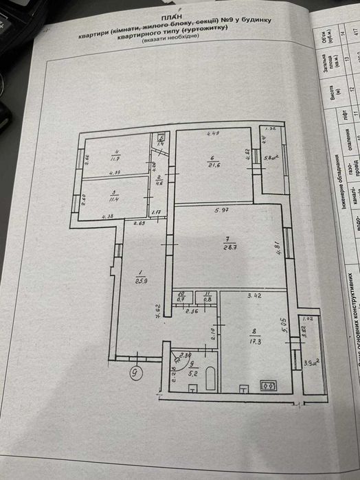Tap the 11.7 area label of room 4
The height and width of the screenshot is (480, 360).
click(x=116, y=162)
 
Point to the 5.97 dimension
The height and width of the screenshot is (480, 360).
click(x=221, y=210)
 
